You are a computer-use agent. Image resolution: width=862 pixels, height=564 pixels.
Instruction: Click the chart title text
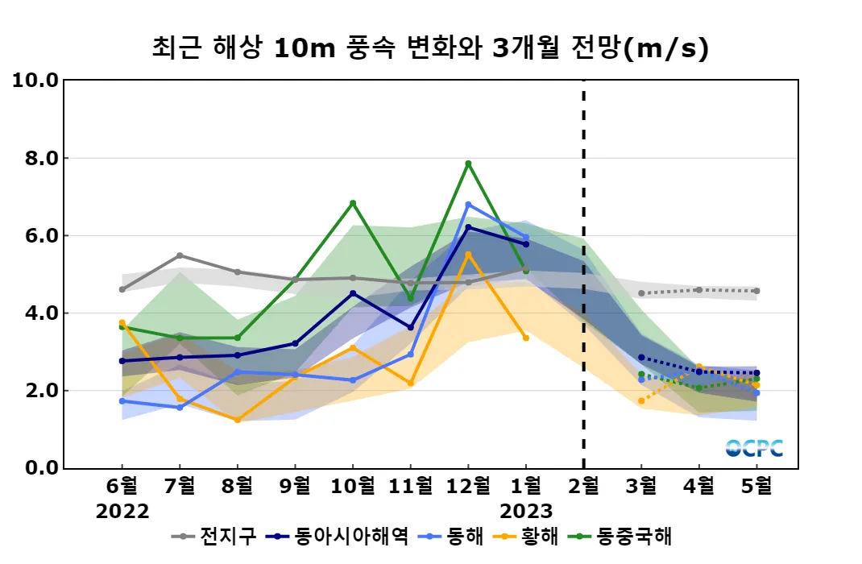click(430, 48)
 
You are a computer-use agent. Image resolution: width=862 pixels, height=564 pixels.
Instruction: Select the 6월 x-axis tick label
click(122, 486)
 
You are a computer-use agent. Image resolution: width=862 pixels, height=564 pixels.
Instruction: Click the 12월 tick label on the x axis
click(468, 486)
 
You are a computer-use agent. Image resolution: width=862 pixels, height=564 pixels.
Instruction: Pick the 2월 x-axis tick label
click(583, 486)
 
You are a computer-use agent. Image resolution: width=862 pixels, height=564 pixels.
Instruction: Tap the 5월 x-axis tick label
click(756, 486)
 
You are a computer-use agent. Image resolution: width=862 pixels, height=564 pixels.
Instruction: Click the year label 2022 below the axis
click(122, 512)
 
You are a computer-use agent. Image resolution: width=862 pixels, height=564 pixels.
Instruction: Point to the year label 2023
click(526, 512)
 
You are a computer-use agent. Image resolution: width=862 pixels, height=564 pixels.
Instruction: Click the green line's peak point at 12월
click(468, 164)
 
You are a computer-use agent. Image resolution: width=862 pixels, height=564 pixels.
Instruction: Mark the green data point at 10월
click(353, 203)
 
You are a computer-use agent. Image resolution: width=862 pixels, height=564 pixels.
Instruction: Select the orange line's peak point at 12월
click(468, 255)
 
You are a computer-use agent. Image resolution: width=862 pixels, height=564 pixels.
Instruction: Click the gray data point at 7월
click(180, 255)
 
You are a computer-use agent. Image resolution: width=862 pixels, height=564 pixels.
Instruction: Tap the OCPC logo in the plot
click(754, 448)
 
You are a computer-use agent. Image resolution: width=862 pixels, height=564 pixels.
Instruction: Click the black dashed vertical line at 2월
click(583, 274)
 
